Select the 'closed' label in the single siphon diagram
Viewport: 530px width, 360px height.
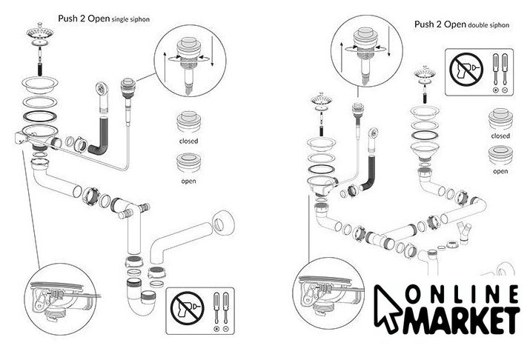(188, 140)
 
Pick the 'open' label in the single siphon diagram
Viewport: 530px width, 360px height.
(188, 179)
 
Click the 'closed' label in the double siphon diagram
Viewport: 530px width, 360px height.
(500, 136)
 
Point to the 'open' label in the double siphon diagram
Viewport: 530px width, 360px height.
(500, 171)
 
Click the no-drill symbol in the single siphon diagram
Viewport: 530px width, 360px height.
(185, 307)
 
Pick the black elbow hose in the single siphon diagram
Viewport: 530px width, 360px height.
(102, 138)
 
